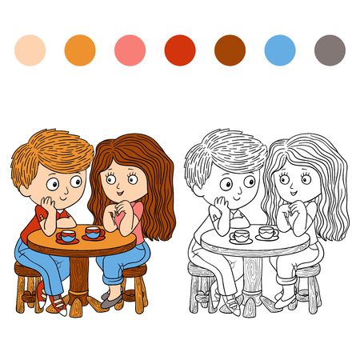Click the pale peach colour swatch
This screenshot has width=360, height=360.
pyautogui.click(x=30, y=50)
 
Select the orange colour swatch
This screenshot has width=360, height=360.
pyautogui.click(x=80, y=50)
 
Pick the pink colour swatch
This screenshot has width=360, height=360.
pyautogui.click(x=130, y=50)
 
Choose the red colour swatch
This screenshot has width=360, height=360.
pyautogui.click(x=180, y=50)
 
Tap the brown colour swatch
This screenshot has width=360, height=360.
pyautogui.click(x=230, y=50)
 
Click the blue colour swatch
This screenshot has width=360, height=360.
pyautogui.click(x=280, y=50)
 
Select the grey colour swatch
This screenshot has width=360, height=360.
pyautogui.click(x=330, y=50)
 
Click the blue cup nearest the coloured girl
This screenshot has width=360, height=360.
pyautogui.click(x=94, y=233)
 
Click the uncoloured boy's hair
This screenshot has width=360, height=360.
pyautogui.click(x=224, y=152)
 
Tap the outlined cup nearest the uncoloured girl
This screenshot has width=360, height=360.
pyautogui.click(x=266, y=233)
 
